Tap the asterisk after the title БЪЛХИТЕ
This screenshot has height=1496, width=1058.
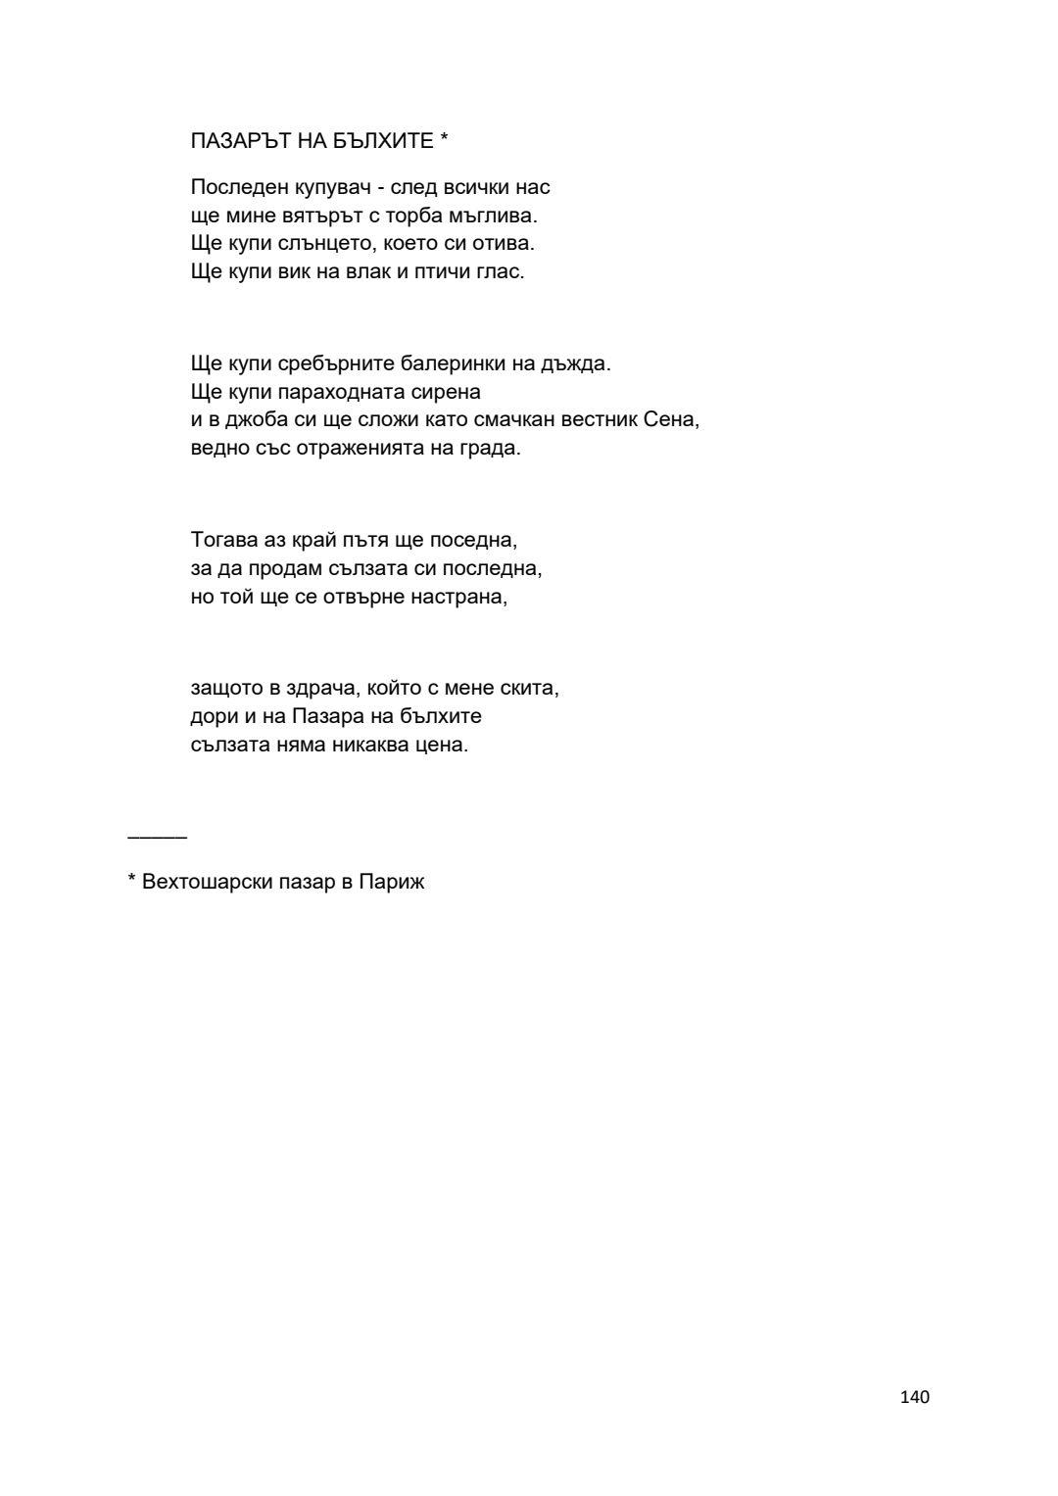(444, 138)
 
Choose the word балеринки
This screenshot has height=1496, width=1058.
(454, 363)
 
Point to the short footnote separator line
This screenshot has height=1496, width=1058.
(157, 837)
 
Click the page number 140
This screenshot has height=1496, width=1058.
(914, 1397)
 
